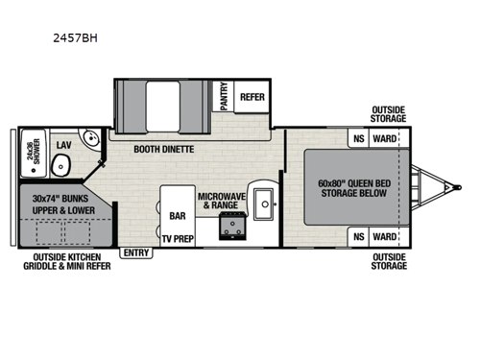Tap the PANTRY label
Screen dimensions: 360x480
click(224, 96)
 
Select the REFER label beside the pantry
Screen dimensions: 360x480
click(252, 96)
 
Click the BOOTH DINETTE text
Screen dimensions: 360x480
click(165, 150)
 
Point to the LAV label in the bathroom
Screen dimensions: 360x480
click(63, 145)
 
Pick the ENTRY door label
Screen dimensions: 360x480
click(135, 253)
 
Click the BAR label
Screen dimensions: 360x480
click(178, 216)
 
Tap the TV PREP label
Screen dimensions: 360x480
click(178, 237)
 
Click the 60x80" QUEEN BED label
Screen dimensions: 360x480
click(355, 188)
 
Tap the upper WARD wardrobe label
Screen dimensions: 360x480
click(384, 138)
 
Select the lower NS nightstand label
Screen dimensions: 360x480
click(359, 236)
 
